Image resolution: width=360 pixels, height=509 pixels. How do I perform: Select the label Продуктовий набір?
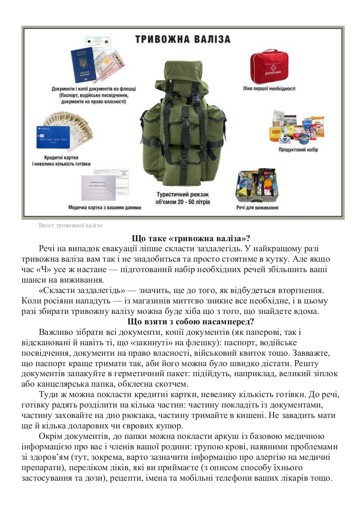[298, 150]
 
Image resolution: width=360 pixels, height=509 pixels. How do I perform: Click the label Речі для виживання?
[257, 208]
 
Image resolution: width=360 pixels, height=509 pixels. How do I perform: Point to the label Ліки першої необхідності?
[269, 88]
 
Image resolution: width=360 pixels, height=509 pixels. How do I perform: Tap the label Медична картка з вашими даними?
[105, 208]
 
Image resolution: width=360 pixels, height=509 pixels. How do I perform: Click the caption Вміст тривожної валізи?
[71, 225]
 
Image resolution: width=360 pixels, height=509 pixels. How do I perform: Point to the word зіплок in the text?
[322, 374]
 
